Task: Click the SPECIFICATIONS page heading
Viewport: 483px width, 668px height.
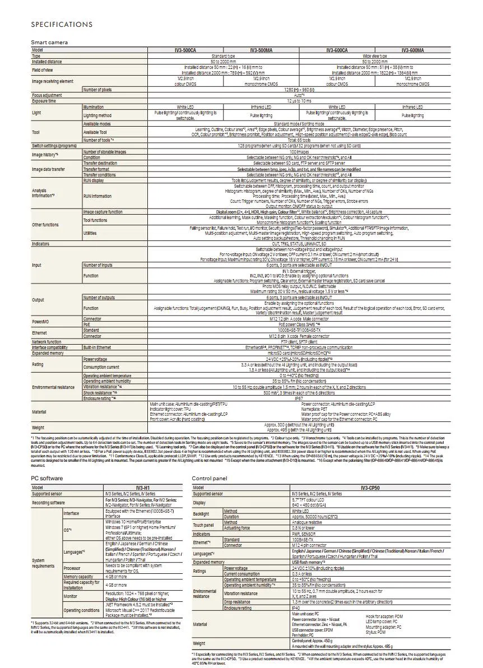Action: [62, 25]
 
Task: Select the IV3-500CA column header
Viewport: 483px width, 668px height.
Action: [185, 50]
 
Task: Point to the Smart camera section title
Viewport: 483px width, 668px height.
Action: [49, 43]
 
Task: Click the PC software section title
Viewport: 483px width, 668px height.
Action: [47, 478]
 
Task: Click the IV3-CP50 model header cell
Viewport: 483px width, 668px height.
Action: [371, 488]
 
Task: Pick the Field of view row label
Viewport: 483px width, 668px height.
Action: [43, 69]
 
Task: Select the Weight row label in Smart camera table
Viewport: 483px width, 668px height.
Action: [38, 428]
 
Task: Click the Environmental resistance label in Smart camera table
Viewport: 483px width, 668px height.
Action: [53, 387]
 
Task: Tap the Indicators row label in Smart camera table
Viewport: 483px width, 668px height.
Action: [40, 244]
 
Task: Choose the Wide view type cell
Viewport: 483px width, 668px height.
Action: [375, 56]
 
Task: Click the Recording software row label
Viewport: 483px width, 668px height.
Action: [48, 503]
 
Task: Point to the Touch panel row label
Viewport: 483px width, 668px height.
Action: [203, 525]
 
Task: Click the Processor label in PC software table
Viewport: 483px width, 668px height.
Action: [72, 568]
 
